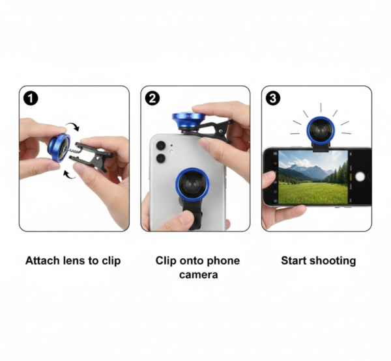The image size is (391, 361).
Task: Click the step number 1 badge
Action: click(x=30, y=98)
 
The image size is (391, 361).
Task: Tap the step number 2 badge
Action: click(x=152, y=98)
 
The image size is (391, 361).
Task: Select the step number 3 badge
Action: click(x=273, y=98)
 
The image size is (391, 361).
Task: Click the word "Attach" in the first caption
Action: click(x=43, y=261)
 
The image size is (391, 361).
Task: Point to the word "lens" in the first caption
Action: click(x=76, y=261)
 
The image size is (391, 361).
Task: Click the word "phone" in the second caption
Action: click(x=223, y=261)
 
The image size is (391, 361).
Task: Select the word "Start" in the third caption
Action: click(x=294, y=261)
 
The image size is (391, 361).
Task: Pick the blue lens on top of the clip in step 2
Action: click(x=188, y=119)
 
